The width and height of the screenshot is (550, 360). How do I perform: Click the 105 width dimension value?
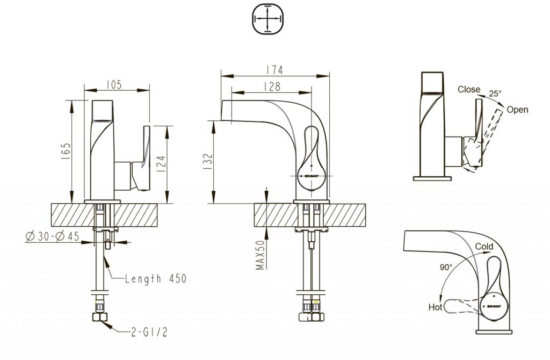114,85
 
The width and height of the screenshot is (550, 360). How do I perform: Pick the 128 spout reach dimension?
273,85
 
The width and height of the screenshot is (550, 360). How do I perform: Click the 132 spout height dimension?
208,162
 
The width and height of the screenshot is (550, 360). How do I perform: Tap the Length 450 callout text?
155,278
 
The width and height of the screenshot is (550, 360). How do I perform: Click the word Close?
469,89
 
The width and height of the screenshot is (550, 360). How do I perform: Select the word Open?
517,110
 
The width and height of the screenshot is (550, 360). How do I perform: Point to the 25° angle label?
495,93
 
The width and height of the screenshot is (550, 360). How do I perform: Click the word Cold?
483,247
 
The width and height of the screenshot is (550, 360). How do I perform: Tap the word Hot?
435,307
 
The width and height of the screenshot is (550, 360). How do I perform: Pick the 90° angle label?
446,267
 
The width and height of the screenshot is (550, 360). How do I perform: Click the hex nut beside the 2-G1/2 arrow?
99,318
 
